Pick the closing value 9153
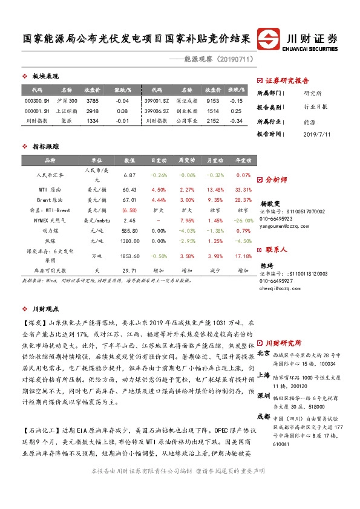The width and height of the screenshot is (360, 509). point(212,100)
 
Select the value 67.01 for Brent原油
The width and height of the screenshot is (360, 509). point(130,199)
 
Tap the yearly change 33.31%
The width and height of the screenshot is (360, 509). point(243,189)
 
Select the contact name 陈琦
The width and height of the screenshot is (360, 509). point(267,265)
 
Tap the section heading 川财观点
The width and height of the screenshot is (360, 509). point(46,308)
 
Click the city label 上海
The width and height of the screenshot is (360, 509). point(263,374)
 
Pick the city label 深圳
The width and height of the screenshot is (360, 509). point(263,395)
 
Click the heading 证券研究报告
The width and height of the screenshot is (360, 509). point(287,80)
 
